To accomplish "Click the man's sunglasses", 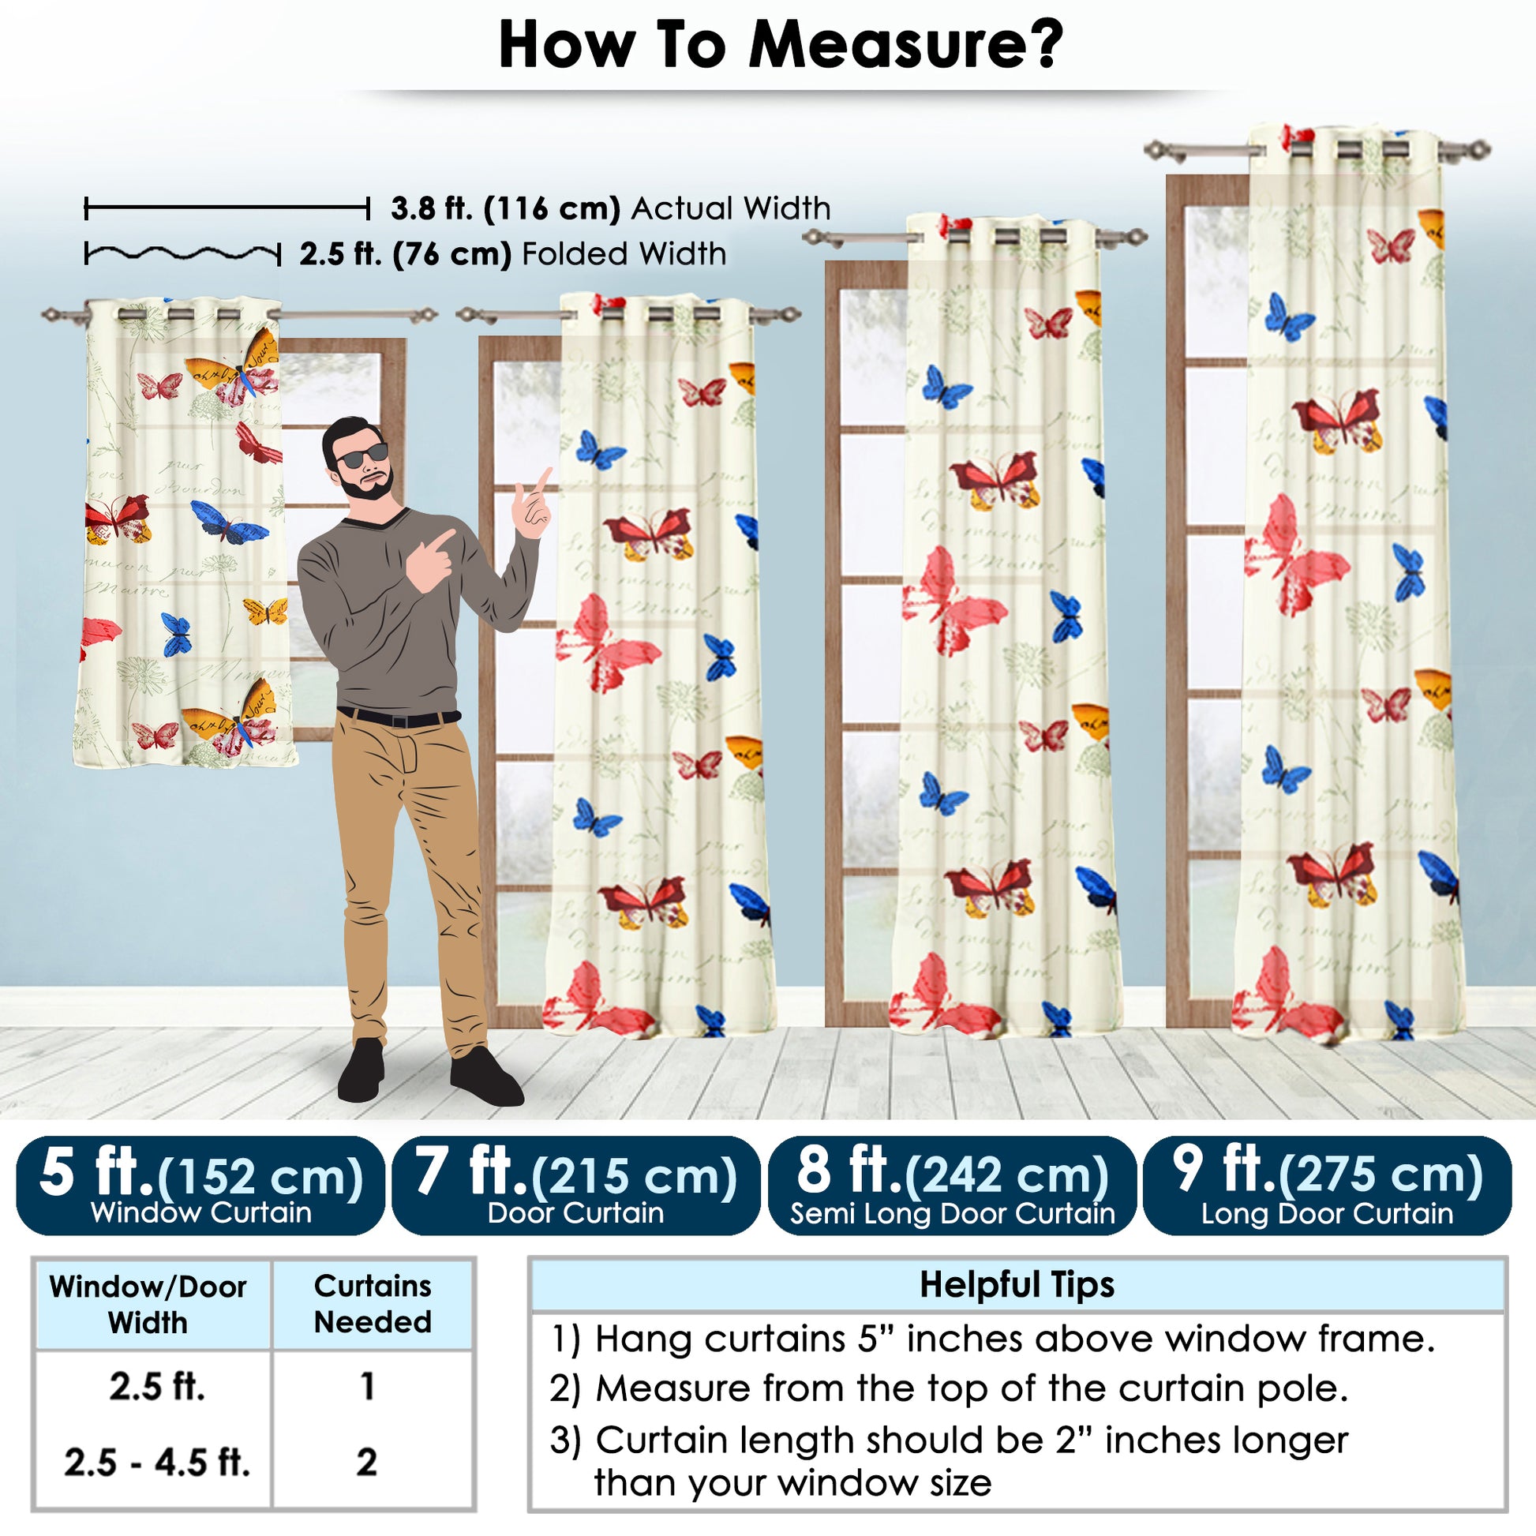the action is pos(362,456).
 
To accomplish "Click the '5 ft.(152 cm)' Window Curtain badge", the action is pos(200,1186).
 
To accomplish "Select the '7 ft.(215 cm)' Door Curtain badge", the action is pos(575,1186).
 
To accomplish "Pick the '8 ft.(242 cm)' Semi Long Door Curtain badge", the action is pos(952,1186).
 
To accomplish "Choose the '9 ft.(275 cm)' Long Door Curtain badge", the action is pos(1327,1186).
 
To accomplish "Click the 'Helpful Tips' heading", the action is pos(1017,1286).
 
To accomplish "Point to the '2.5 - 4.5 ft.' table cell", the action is pos(157,1463).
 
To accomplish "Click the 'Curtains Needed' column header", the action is pos(372,1305).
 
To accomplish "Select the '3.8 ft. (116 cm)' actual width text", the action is pos(506,208).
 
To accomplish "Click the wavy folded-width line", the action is pos(183,254).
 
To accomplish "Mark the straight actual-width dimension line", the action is pos(227,209).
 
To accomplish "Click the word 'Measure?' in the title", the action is pos(905,45).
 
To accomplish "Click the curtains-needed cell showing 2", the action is pos(366,1462).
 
